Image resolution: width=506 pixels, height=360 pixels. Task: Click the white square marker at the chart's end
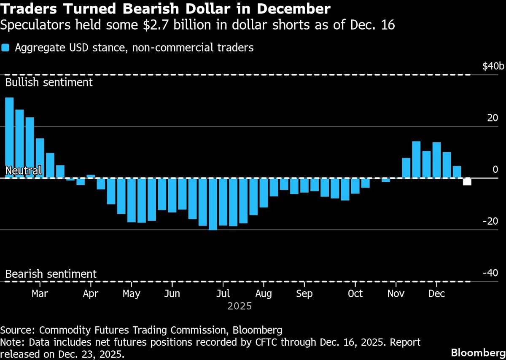point(467,182)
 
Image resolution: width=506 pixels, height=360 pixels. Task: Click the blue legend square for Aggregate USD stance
point(5,48)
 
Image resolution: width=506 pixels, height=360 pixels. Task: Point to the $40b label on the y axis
point(493,66)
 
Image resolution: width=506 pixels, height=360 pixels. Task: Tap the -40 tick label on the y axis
point(490,273)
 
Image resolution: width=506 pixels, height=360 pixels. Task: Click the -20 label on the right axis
point(490,221)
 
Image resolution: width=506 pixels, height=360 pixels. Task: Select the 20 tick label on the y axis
point(493,118)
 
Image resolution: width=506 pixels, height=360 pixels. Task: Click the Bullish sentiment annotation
point(48,82)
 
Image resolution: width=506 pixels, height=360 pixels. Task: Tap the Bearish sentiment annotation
point(51,274)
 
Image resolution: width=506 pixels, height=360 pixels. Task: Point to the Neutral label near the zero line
point(24,170)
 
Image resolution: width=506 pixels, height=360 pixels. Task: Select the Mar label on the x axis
point(40,293)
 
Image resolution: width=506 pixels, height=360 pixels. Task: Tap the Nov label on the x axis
point(395,293)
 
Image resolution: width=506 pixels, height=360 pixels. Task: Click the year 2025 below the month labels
point(240,306)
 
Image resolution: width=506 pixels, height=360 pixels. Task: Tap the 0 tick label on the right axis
point(495,169)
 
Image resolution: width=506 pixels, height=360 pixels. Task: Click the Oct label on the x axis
point(355,293)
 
